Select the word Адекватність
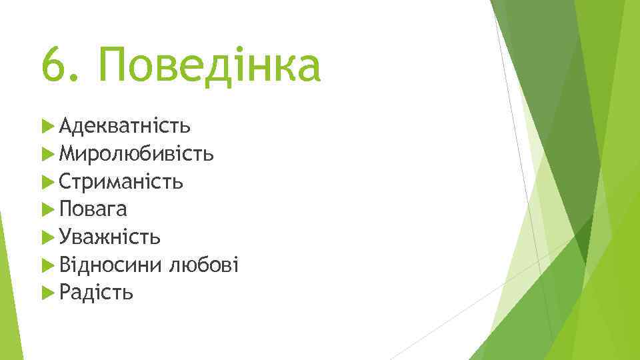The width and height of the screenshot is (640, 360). click(125, 125)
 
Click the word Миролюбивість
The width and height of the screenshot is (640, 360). click(136, 153)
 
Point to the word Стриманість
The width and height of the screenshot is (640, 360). click(121, 181)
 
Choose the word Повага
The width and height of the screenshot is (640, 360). click(93, 209)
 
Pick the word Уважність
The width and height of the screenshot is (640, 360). click(109, 237)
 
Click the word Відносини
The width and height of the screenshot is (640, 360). click(110, 265)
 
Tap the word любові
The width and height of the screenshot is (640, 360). click(203, 265)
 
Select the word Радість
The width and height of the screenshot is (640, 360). click(96, 293)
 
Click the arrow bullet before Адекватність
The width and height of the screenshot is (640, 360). click(47, 125)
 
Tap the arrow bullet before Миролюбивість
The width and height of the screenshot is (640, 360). click(47, 153)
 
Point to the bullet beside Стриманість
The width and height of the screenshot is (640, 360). click(47, 181)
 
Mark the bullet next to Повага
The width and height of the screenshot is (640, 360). click(47, 209)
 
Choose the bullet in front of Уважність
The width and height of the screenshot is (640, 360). click(47, 237)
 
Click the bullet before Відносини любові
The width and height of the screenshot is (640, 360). click(47, 265)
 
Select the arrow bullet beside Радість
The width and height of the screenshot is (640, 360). click(47, 293)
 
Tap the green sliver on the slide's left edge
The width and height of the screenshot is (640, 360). click(5, 287)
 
